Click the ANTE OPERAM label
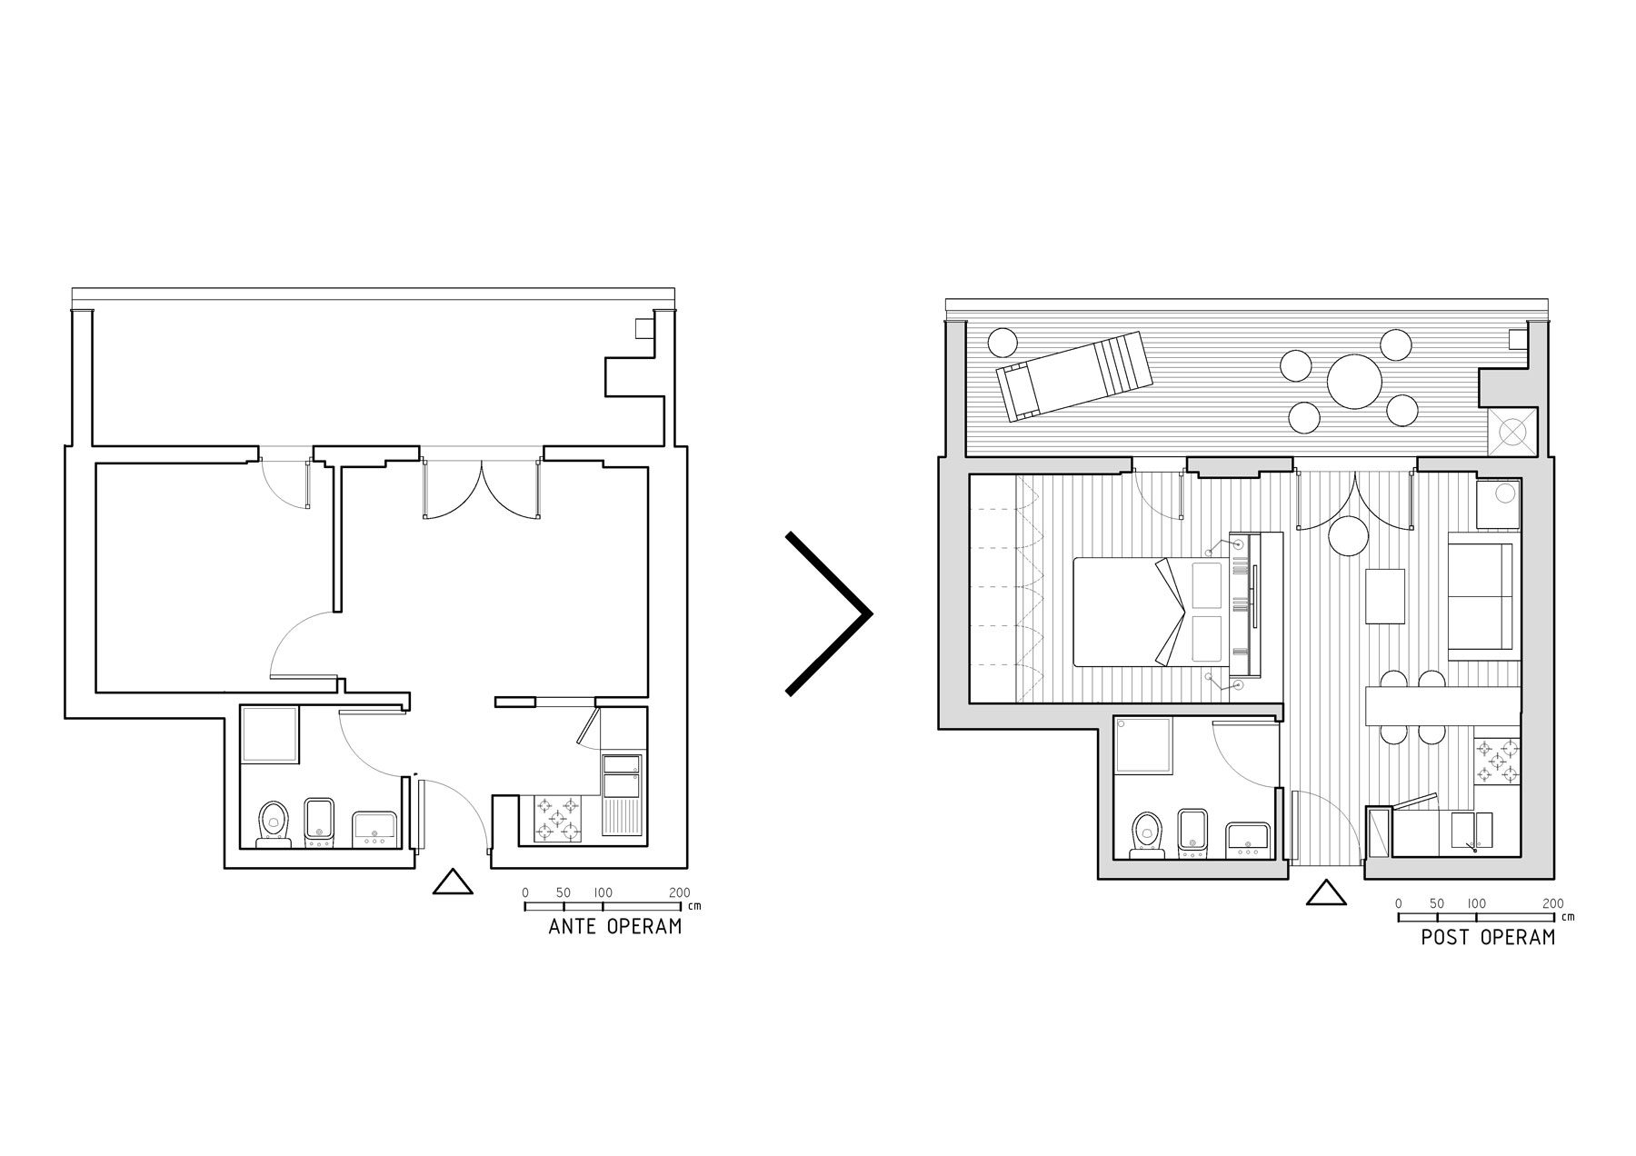pyautogui.click(x=614, y=927)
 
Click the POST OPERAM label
pyautogui.click(x=1488, y=936)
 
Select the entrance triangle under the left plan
pyautogui.click(x=453, y=882)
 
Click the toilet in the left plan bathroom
pyautogui.click(x=273, y=823)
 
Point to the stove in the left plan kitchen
pyautogui.click(x=555, y=817)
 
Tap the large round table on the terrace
pyautogui.click(x=1354, y=382)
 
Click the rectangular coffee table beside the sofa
pyautogui.click(x=1385, y=596)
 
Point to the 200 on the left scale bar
pyautogui.click(x=679, y=893)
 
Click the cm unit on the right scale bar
pyautogui.click(x=1570, y=917)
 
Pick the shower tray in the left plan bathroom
pyautogui.click(x=269, y=734)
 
